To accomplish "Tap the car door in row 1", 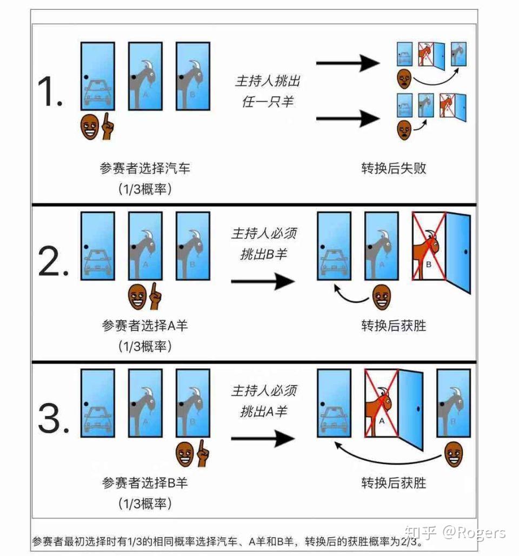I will coord(98,76).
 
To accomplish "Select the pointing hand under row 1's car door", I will coord(108,125).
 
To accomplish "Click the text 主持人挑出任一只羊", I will coord(267,91).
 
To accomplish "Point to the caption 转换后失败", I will coord(394,168).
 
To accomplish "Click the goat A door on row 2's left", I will coord(145,246).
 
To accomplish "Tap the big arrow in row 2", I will coord(262,281).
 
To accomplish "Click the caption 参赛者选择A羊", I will coord(145,326).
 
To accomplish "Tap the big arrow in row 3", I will coord(262,438).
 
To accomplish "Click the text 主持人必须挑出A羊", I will coord(264,401).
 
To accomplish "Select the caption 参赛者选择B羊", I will coord(145,482).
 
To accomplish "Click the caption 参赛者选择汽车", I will coord(145,168).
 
